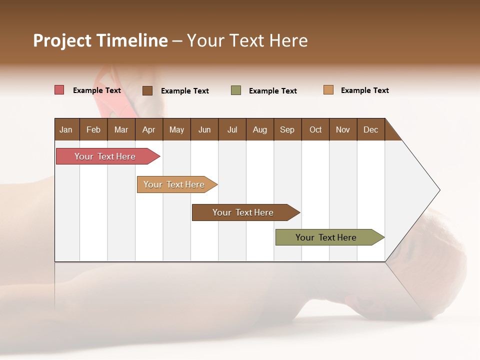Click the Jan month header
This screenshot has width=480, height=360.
click(66, 129)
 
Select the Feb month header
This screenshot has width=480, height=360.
click(93, 129)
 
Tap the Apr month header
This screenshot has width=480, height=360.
click(148, 129)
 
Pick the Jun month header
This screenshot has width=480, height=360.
click(204, 129)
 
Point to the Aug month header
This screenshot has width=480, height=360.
click(259, 129)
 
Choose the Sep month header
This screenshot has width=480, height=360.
click(287, 129)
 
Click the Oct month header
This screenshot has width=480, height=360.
click(315, 129)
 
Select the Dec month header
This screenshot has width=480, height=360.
click(370, 129)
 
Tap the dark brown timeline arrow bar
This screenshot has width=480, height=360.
click(243, 212)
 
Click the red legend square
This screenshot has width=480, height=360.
click(59, 90)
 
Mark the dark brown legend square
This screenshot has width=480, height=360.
click(147, 90)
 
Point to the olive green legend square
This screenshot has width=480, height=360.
click(236, 90)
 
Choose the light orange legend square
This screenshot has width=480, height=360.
click(328, 90)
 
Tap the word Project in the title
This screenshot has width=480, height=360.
click(62, 40)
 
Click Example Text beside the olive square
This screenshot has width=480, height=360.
click(272, 91)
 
